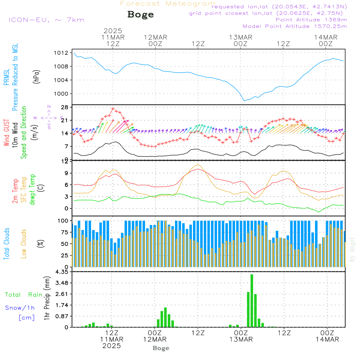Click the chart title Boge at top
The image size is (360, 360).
coord(140,15)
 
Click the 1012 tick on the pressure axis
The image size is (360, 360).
coord(61,53)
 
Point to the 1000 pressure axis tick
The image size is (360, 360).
coord(61,94)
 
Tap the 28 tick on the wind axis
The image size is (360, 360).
coord(65,107)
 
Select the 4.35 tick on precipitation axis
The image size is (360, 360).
coord(62,272)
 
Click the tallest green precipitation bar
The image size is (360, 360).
coord(252,301)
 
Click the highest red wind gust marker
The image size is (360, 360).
coord(113,109)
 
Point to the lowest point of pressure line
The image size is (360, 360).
coord(244,101)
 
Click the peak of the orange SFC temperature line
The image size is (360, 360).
coord(198,165)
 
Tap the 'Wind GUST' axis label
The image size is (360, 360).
coord(6,133)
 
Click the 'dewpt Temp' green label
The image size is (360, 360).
coord(32,189)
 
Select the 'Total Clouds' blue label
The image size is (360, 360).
coord(6,244)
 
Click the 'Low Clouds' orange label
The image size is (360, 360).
coord(24,244)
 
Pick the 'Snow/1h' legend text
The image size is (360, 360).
coord(20,308)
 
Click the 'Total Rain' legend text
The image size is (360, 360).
coord(24,295)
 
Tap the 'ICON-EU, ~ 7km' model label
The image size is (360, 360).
coord(46,20)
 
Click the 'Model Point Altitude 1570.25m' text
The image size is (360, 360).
coord(295,26)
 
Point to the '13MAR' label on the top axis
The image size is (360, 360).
coord(240,37)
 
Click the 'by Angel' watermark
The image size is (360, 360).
coord(352,250)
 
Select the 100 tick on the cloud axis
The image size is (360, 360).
coord(63,221)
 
